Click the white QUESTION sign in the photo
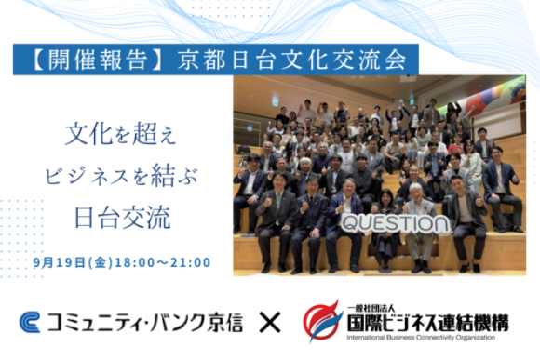387,225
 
